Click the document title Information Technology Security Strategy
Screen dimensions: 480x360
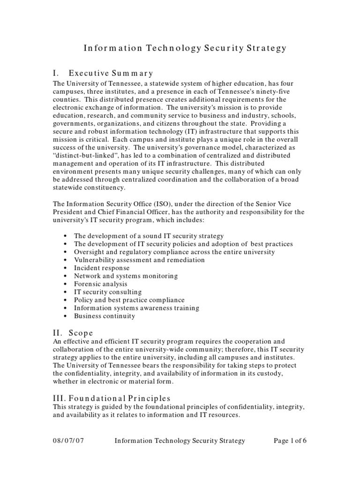coord(185,48)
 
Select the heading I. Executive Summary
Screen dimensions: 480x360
coord(104,73)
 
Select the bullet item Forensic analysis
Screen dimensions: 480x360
coord(100,284)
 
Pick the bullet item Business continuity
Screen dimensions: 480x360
coord(104,316)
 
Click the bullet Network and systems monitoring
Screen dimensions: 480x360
coord(126,276)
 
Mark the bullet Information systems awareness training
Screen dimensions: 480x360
coord(136,308)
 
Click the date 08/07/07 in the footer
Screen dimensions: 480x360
coord(69,441)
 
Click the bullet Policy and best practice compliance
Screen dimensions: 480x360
coord(129,300)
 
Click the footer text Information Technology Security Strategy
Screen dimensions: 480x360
coord(180,441)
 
